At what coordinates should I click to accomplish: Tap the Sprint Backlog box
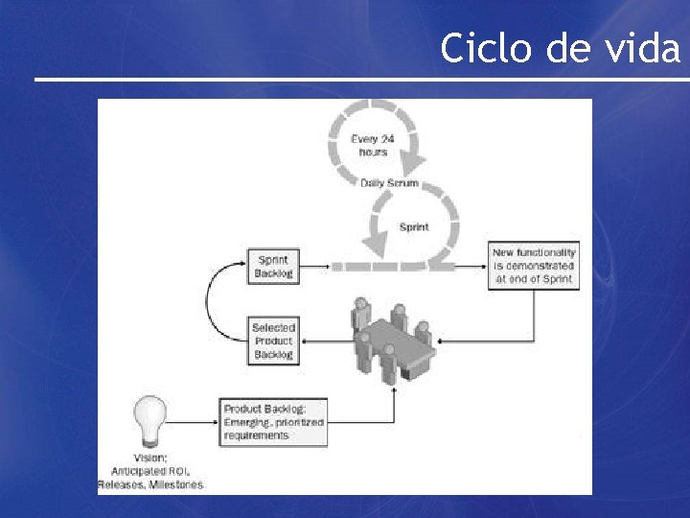273,266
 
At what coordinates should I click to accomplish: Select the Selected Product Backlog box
274,341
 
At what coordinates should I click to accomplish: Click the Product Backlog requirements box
274,422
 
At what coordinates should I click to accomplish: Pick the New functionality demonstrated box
534,266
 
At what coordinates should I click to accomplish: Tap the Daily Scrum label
389,182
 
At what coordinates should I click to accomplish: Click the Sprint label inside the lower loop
414,227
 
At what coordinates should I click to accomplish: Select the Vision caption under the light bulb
150,471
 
